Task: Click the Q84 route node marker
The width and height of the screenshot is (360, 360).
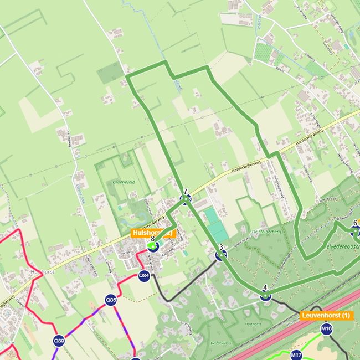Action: click(x=144, y=275)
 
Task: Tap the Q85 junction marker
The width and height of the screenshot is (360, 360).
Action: click(x=111, y=300)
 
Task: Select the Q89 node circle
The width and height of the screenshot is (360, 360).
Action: click(x=59, y=340)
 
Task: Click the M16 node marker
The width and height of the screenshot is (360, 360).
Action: click(x=326, y=329)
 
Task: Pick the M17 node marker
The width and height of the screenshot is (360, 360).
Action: click(x=296, y=354)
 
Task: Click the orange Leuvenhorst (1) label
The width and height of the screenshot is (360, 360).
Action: click(x=326, y=315)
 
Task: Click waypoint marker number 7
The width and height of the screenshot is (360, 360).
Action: click(x=186, y=198)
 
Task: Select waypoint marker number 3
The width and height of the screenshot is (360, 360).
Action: click(x=221, y=254)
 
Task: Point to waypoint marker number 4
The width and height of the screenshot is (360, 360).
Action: click(x=265, y=295)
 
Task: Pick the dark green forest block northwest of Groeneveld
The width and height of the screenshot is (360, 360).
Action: click(x=109, y=73)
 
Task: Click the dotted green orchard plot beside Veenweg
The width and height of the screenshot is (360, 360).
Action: click(x=263, y=52)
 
